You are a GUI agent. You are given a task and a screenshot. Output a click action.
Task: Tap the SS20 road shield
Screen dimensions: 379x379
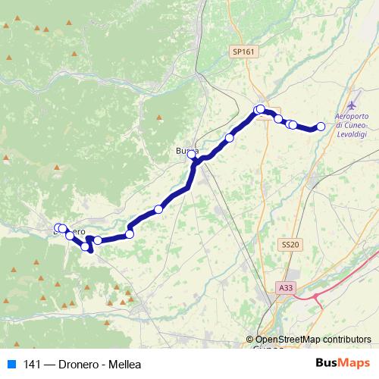pos(290,244)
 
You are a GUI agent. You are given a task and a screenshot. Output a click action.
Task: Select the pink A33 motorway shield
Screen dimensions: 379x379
pos(286,287)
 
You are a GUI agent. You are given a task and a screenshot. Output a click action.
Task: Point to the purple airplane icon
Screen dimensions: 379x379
pos(351,104)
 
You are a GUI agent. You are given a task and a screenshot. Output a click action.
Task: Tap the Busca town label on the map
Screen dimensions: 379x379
pos(187,152)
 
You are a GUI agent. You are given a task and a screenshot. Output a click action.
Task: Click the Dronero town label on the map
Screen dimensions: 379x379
pos(69,229)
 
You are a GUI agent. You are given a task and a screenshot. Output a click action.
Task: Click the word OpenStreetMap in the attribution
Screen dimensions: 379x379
pos(285,340)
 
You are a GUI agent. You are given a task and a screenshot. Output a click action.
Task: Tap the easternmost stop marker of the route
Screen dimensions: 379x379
pos(321,127)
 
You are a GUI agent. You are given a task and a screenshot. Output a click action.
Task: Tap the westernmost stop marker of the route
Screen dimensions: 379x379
pos(58,228)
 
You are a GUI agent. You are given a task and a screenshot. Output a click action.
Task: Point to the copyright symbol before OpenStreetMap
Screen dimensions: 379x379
pos(250,340)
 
